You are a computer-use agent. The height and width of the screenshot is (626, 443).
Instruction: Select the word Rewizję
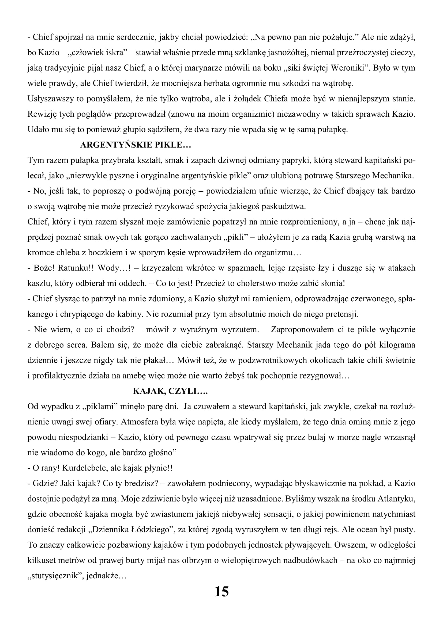42,114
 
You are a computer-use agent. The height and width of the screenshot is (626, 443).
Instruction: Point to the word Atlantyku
396,499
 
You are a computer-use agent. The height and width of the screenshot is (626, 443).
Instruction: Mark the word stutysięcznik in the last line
57,576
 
